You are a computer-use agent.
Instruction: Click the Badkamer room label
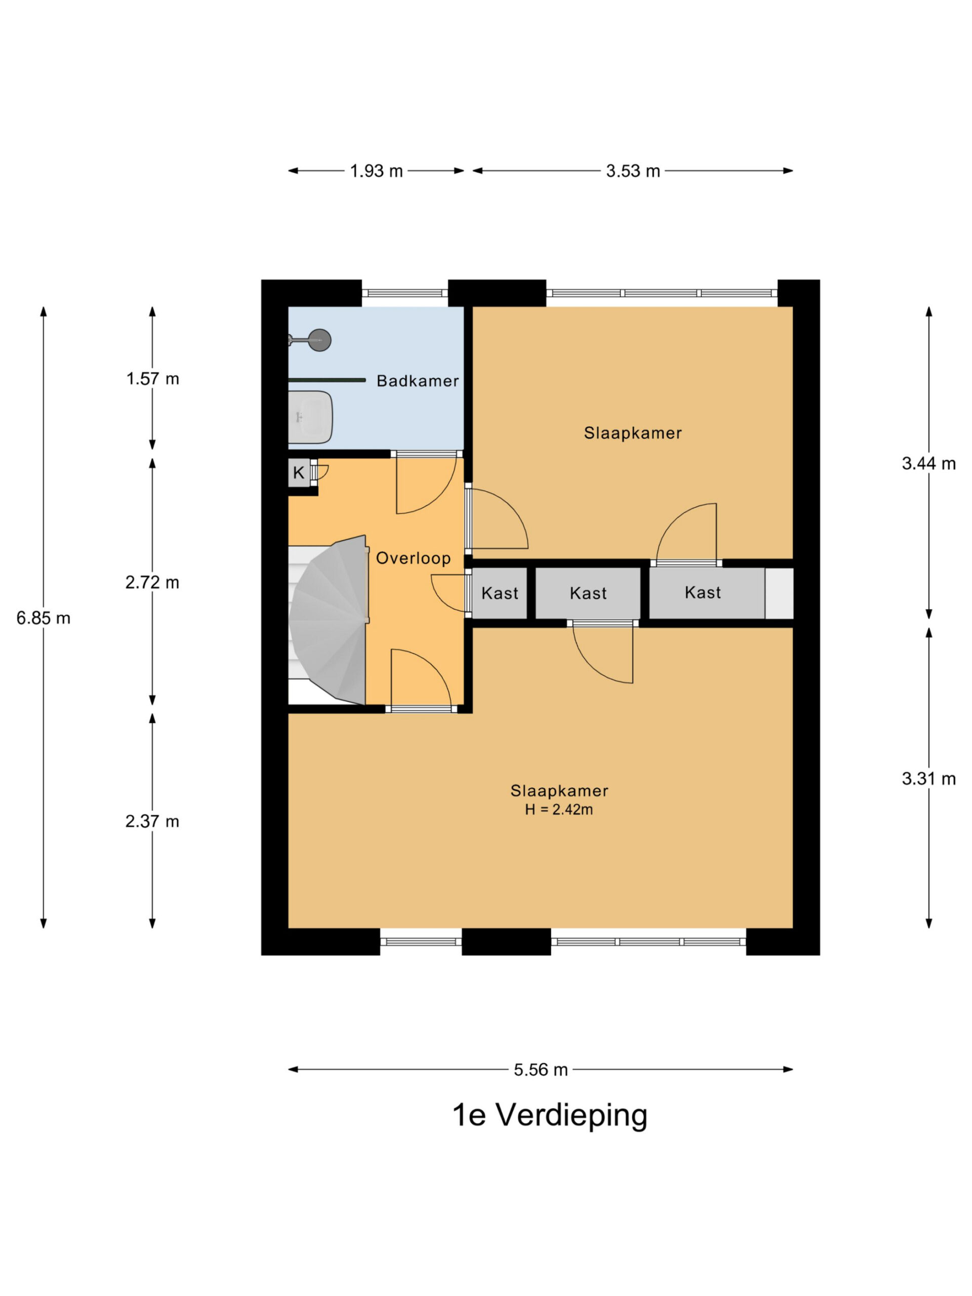(x=417, y=381)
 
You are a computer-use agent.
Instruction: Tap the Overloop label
(x=413, y=558)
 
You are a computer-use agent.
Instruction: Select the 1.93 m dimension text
(x=376, y=171)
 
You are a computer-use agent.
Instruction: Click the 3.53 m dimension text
(x=633, y=171)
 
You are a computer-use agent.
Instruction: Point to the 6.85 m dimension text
(x=44, y=618)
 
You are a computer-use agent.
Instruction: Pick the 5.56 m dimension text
(x=541, y=1070)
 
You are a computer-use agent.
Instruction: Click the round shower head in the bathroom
(x=320, y=340)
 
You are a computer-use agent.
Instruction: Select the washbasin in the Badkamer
(x=310, y=417)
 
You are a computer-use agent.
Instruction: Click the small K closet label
(x=299, y=473)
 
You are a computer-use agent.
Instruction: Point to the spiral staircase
(x=328, y=620)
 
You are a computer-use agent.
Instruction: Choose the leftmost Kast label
(x=500, y=593)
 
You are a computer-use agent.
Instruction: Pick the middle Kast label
(x=588, y=593)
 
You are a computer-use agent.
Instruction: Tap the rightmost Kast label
(x=703, y=592)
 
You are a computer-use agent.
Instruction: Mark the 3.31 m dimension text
(x=928, y=779)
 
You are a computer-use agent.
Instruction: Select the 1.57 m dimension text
(x=152, y=379)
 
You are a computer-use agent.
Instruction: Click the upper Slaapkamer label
(x=633, y=433)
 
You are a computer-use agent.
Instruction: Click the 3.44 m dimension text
(x=928, y=463)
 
